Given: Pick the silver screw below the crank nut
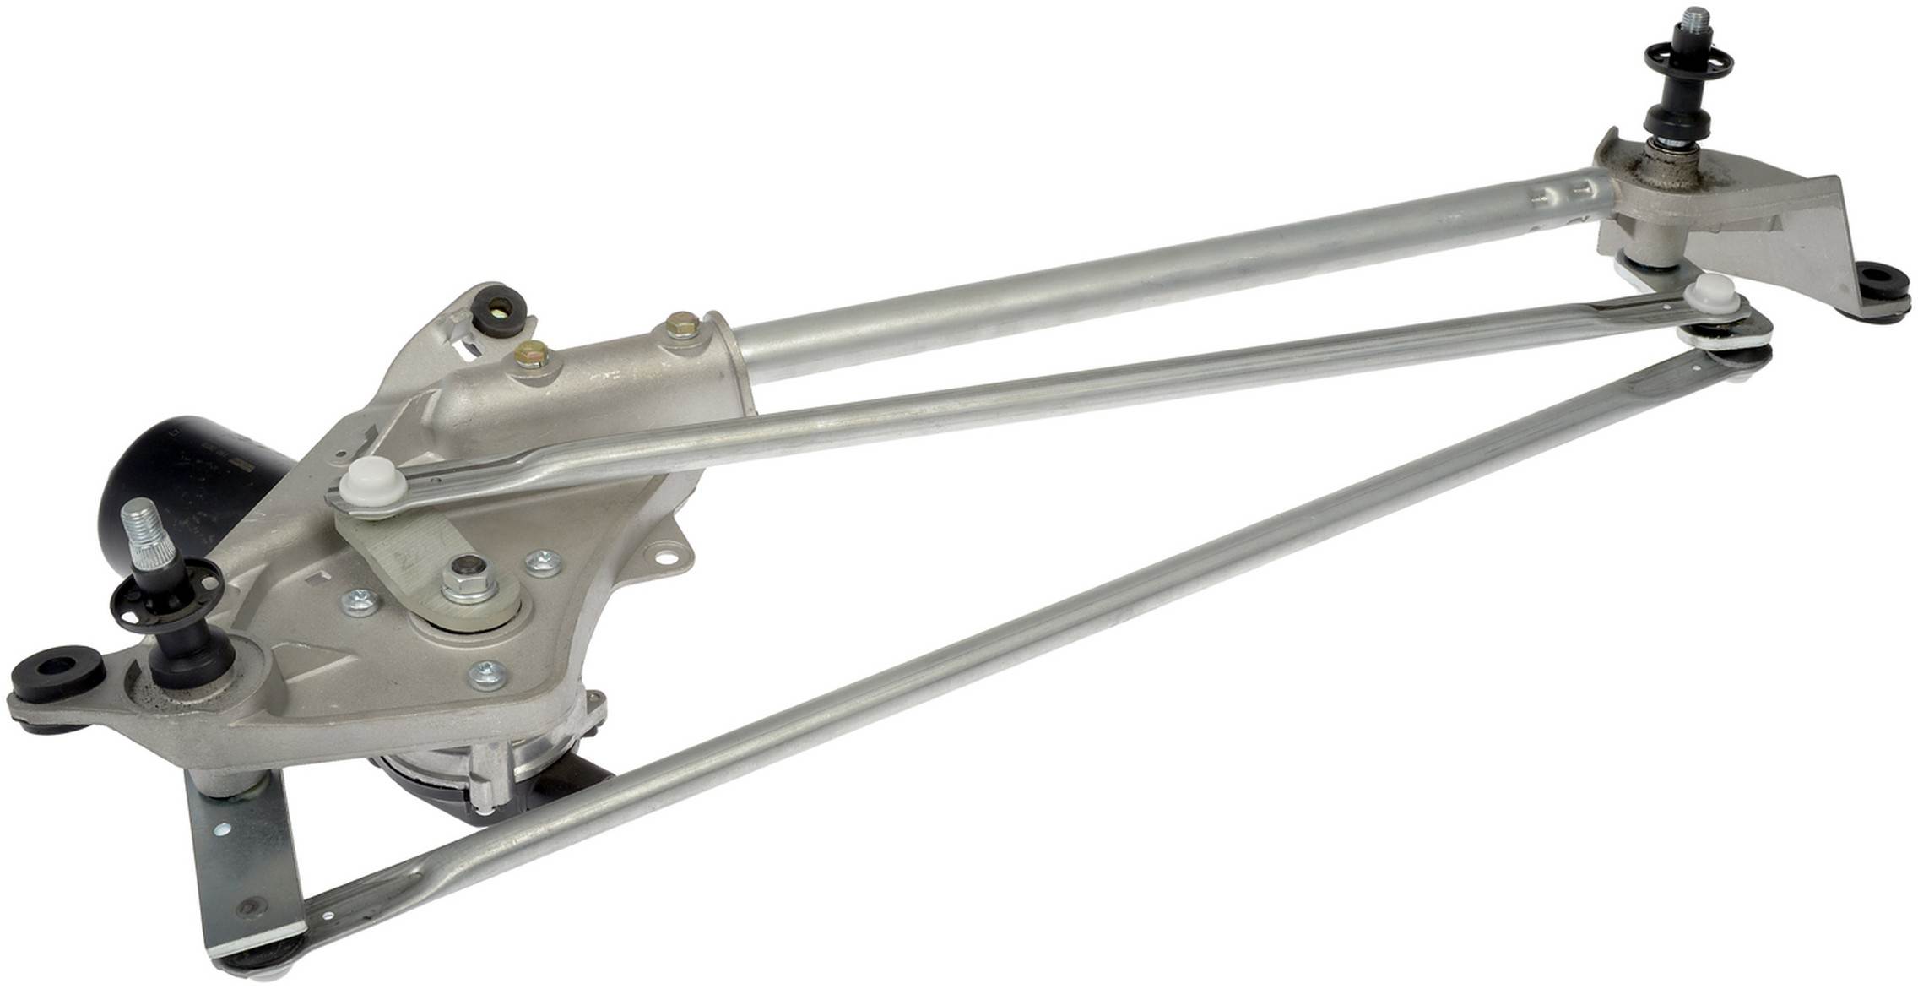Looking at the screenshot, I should [x=487, y=672].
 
